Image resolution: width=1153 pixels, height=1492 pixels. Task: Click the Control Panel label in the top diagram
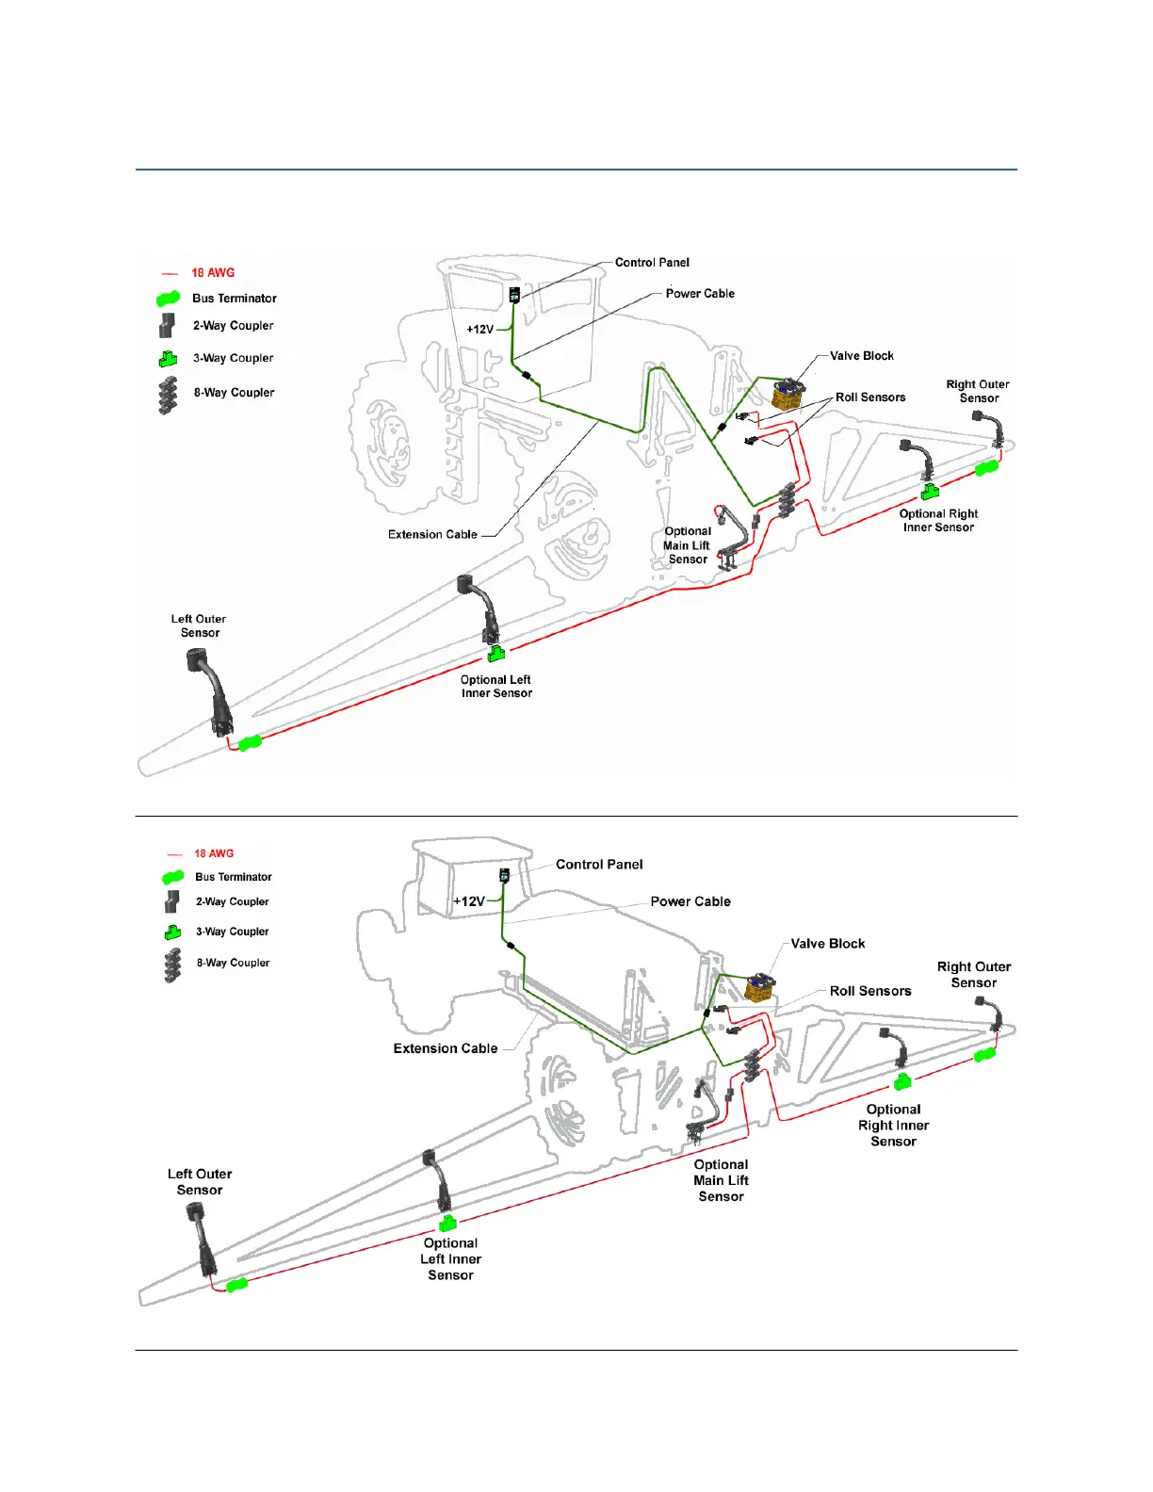652,263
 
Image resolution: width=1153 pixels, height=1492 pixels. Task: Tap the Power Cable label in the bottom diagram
690,901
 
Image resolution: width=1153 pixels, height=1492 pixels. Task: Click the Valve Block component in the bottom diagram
759,986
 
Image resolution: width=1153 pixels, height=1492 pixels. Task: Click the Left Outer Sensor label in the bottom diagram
200,1182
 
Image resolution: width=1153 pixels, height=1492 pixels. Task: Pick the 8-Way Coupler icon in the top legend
169,395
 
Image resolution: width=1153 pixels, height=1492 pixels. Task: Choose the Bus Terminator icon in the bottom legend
172,878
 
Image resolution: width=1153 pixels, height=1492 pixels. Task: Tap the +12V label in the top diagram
479,330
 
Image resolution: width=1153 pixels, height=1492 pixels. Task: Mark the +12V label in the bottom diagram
468,901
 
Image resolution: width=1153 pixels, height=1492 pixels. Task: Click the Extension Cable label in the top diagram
432,534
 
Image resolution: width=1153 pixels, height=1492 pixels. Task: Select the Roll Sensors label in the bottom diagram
870,991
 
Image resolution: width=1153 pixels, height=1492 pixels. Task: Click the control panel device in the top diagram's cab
514,295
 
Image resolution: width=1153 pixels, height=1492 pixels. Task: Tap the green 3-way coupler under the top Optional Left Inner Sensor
496,653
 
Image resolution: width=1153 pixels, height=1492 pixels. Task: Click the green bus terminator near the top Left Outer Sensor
250,743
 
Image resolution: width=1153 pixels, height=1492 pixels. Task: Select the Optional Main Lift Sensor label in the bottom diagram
721,1180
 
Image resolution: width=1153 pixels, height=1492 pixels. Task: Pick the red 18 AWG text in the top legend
213,273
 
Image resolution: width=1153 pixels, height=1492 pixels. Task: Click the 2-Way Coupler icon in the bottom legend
171,902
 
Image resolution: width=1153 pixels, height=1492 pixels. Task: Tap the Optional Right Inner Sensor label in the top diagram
938,520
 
